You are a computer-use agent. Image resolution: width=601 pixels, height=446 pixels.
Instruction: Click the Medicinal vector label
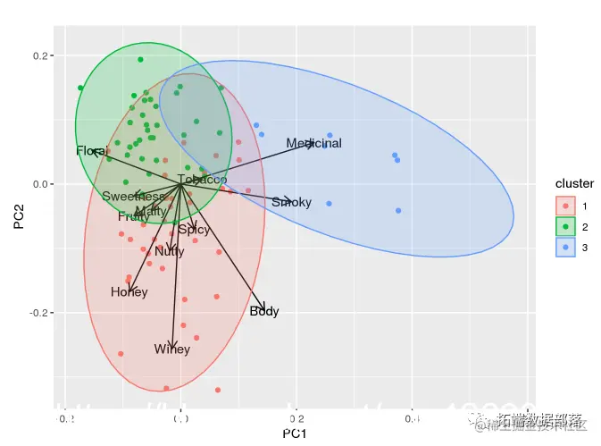(x=313, y=143)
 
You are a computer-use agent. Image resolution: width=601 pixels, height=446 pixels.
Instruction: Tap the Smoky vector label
(x=291, y=202)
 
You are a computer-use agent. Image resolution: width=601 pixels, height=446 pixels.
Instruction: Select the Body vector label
(x=264, y=311)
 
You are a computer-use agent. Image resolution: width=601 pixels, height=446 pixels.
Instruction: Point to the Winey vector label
(x=171, y=349)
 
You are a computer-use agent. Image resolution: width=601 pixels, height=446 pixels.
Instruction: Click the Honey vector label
(x=129, y=292)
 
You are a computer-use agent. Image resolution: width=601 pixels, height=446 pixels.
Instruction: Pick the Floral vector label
(x=92, y=151)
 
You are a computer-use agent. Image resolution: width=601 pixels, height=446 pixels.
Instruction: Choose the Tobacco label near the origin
(x=202, y=180)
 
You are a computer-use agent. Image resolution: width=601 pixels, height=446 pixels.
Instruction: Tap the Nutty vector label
(x=169, y=251)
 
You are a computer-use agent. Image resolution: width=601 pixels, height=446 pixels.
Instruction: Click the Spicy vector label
(x=194, y=230)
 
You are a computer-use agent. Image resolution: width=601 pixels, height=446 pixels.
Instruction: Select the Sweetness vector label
(x=133, y=197)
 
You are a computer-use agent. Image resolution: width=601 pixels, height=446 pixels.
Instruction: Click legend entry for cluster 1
(x=565, y=205)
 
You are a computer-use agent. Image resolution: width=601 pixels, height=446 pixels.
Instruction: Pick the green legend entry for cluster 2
(x=565, y=226)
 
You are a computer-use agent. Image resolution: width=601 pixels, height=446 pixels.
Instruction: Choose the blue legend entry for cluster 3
(x=565, y=247)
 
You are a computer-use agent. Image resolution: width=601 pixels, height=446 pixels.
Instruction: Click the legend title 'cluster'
(x=574, y=183)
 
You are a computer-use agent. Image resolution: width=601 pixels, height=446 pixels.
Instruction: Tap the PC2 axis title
(x=19, y=216)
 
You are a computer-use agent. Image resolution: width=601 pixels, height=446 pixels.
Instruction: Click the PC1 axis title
(x=295, y=434)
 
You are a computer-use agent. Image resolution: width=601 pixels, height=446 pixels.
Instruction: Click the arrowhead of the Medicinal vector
(x=314, y=142)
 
